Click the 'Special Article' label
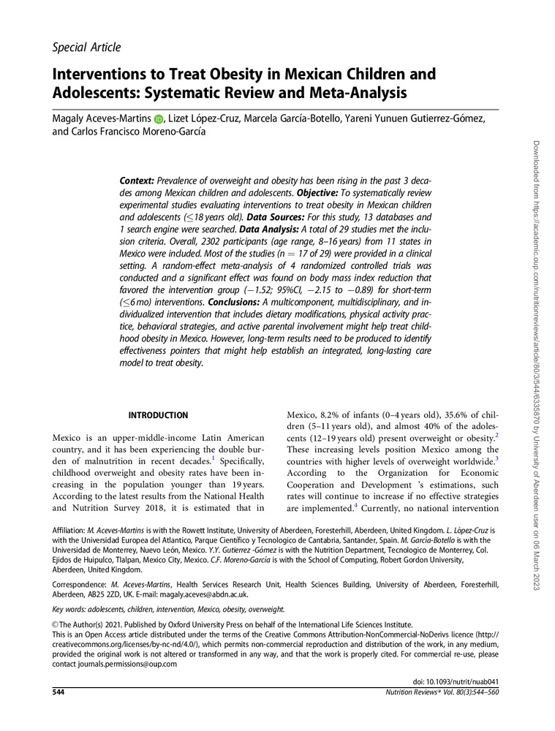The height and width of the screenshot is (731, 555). click(x=86, y=48)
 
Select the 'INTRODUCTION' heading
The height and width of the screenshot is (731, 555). click(x=159, y=416)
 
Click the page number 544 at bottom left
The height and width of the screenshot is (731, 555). click(x=60, y=692)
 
